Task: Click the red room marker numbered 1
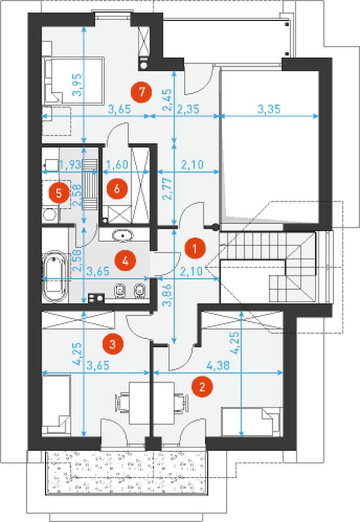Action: coord(195,248)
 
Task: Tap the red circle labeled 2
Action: coord(202,387)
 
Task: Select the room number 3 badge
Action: coord(112,344)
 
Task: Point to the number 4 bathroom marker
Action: coord(125,260)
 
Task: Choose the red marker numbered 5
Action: coord(58,193)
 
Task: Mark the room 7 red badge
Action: coord(142,92)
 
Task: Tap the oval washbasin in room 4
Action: coord(123,236)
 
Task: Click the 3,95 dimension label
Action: coord(77,85)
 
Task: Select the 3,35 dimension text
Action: coord(269,109)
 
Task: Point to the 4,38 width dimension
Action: coord(218,365)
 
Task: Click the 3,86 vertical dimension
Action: coord(169,295)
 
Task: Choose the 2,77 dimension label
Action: coord(169,188)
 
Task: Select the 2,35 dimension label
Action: coord(188,109)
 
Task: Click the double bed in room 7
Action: coord(74,80)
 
